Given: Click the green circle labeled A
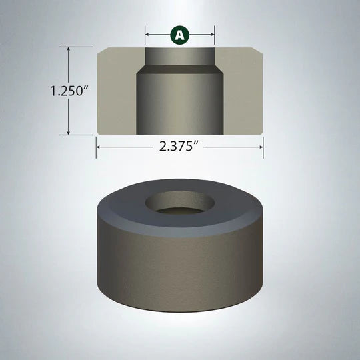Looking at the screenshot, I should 180,35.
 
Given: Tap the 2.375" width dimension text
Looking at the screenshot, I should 180,147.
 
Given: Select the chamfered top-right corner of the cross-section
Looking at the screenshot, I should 259,51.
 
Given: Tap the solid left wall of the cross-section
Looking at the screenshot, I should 117,93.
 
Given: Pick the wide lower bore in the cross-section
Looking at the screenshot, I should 180,103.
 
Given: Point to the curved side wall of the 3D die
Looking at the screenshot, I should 180,273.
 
